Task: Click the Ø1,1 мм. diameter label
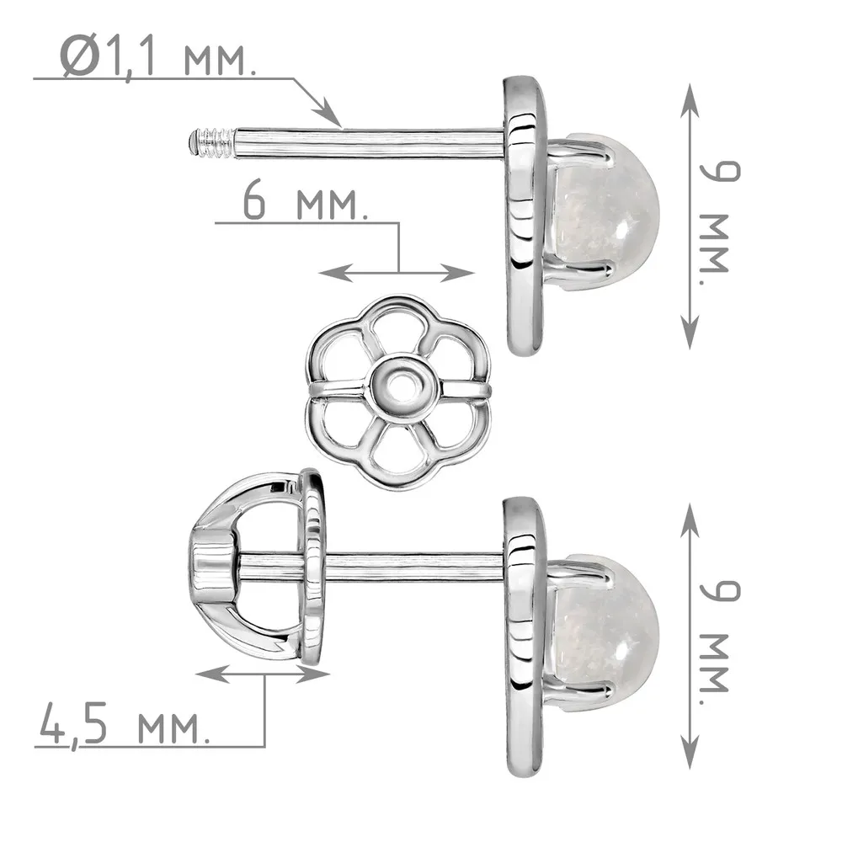click(x=157, y=56)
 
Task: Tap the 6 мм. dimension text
click(x=305, y=202)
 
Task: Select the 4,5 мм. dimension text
click(x=125, y=724)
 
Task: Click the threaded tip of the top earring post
click(x=211, y=142)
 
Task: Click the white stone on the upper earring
click(x=604, y=213)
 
